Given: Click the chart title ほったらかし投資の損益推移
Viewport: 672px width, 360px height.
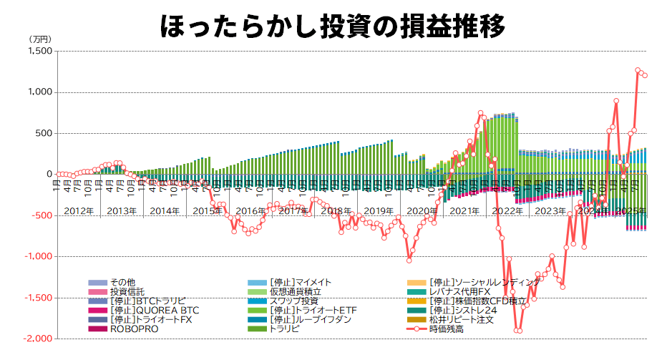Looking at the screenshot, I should click(x=333, y=24).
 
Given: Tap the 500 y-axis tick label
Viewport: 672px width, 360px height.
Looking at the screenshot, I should click(x=43, y=134).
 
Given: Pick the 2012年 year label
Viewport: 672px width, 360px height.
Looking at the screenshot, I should click(x=79, y=211).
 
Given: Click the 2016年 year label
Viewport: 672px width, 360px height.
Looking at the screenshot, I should click(x=250, y=211).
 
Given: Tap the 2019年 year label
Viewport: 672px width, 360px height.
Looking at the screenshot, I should click(x=379, y=211).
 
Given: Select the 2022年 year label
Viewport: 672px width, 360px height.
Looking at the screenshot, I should click(x=507, y=211).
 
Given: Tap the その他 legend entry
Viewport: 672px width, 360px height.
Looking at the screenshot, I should click(x=123, y=283).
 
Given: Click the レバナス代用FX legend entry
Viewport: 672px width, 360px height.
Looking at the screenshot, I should click(x=469, y=292).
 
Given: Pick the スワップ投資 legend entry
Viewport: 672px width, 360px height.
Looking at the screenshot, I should click(x=294, y=301).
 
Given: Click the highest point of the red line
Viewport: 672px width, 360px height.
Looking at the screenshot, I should click(x=638, y=70).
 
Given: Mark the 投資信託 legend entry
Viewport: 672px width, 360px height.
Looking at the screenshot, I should click(x=127, y=292).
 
